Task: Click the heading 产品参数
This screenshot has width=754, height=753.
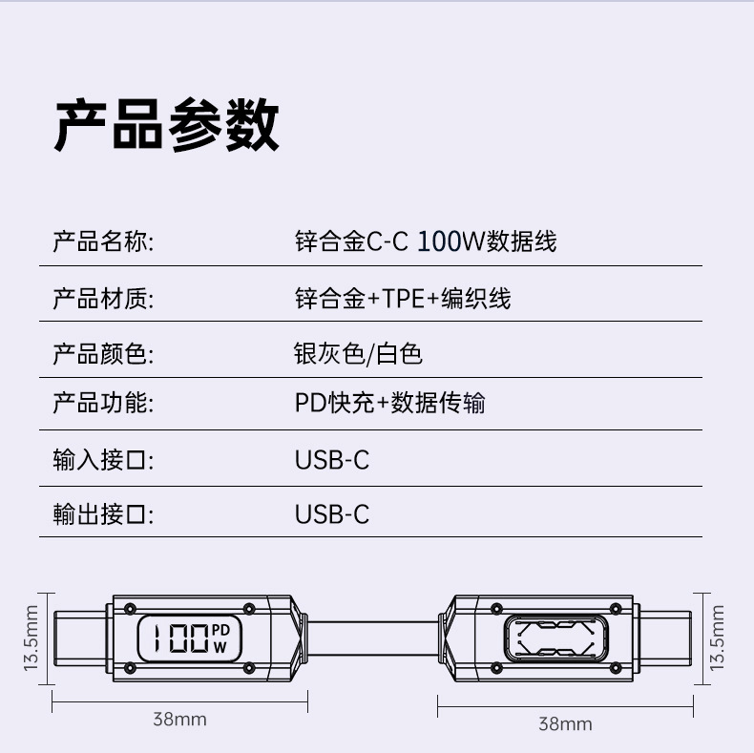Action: click(166, 125)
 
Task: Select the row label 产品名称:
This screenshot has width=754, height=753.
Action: click(103, 241)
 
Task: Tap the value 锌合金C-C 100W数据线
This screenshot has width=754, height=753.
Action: click(426, 241)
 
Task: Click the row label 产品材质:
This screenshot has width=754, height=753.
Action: click(103, 298)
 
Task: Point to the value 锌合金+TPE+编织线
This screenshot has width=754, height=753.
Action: click(403, 298)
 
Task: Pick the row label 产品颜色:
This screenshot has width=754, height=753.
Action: click(103, 354)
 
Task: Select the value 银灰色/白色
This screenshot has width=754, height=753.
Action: click(358, 354)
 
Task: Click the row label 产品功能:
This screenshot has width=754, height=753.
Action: click(103, 403)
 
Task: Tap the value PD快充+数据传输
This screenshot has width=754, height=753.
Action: click(389, 403)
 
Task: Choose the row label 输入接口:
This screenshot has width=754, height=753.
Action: click(103, 460)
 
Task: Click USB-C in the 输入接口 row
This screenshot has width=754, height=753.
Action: click(331, 460)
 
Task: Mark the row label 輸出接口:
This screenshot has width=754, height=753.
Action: click(103, 514)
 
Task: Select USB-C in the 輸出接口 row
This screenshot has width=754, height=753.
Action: click(331, 514)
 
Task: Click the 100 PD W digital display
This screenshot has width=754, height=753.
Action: click(188, 638)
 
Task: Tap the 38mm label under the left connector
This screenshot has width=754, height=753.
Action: click(179, 719)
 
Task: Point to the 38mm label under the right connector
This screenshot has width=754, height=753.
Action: click(565, 723)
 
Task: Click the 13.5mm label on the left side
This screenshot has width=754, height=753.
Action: click(31, 638)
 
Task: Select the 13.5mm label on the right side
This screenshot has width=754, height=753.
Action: click(719, 638)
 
